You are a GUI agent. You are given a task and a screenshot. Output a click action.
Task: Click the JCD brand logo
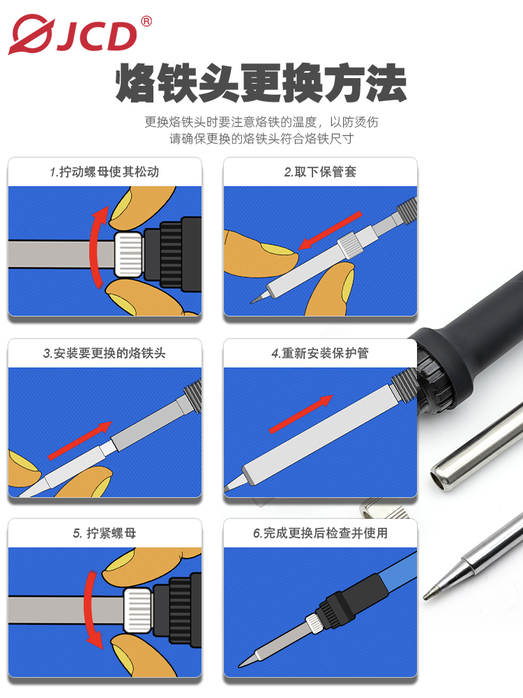pos(73,35)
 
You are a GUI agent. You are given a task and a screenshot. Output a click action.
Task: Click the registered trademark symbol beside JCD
pos(146,21)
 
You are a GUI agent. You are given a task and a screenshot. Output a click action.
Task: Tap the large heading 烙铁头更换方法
pos(261,83)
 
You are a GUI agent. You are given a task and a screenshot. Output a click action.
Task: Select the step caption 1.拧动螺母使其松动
pos(105,172)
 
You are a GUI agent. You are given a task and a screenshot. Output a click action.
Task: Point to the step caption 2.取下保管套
pos(320,172)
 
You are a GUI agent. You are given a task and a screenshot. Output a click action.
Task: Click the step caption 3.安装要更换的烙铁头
pos(105,353)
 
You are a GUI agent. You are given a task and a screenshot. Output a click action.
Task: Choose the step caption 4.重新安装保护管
pos(320,353)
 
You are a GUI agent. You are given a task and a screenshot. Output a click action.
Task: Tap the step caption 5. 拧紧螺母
pos(105,533)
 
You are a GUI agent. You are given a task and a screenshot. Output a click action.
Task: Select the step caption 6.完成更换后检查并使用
pos(320,533)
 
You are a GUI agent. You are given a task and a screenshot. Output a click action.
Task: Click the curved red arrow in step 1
pos(94,246)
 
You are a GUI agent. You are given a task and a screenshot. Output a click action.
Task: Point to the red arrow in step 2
pos(330,230)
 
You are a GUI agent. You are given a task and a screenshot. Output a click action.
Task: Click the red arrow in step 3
pos(79,440)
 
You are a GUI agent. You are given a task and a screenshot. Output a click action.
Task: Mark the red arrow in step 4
pos(301,414)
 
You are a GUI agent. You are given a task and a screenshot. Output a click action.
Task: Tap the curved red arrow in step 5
pos(89,608)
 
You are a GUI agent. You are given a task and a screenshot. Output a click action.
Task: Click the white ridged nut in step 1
pos(129,254)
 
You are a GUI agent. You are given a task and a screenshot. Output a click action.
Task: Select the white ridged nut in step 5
pos(138,610)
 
